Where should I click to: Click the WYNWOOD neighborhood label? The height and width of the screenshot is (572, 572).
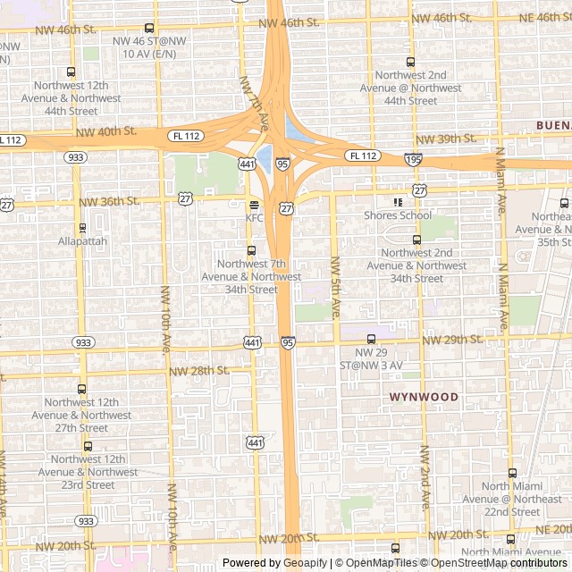click(x=424, y=397)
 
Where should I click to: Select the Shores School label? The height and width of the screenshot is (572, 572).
click(x=398, y=215)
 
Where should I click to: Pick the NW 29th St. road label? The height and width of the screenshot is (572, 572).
click(x=452, y=340)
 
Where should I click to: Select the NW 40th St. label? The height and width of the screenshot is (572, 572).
click(x=106, y=131)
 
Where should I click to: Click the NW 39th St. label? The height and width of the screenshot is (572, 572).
click(x=446, y=139)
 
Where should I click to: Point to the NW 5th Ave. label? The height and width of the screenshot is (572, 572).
click(x=336, y=289)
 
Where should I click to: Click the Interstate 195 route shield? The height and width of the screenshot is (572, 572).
click(x=412, y=159)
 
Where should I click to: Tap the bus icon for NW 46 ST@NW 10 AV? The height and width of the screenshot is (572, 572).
click(x=148, y=29)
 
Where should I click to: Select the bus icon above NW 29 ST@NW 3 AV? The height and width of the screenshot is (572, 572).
click(x=372, y=339)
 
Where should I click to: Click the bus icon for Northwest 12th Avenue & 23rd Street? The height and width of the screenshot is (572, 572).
click(x=88, y=446)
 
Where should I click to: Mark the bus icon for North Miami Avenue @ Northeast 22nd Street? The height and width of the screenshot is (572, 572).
click(x=512, y=474)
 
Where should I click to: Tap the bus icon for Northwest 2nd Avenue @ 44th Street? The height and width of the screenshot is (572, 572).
click(x=410, y=62)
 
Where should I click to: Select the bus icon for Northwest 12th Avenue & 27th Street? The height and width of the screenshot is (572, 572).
click(x=82, y=389)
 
